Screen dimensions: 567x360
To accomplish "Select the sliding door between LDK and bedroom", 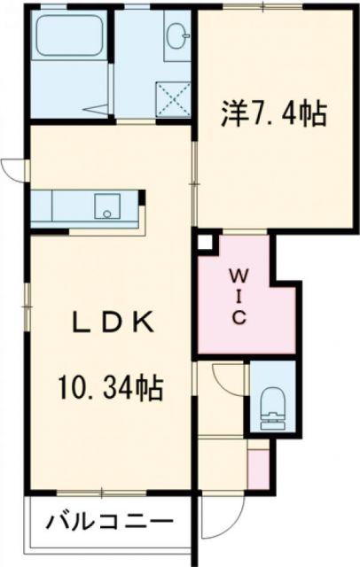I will pyautogui.click(x=194, y=177).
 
